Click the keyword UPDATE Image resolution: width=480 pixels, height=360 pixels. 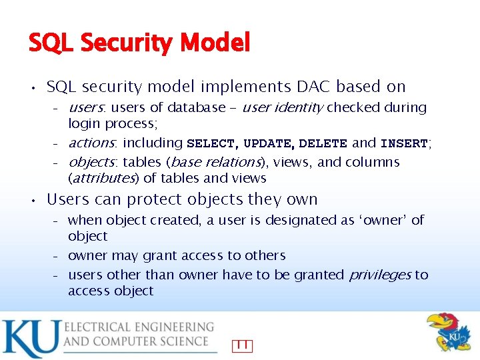point(267,143)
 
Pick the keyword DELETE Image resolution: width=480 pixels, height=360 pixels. point(323,143)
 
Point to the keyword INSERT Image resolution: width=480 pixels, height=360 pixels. point(404,143)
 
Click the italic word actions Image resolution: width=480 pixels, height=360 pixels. point(92,143)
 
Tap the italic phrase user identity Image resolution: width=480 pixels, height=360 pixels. point(283,107)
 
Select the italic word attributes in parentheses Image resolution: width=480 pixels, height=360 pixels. point(104,178)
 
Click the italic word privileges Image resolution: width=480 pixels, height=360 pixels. point(377,275)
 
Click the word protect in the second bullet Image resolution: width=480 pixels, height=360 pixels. point(159,199)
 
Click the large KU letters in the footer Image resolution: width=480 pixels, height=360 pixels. point(29,338)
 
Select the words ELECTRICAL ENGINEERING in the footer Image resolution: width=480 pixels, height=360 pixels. point(139,327)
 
